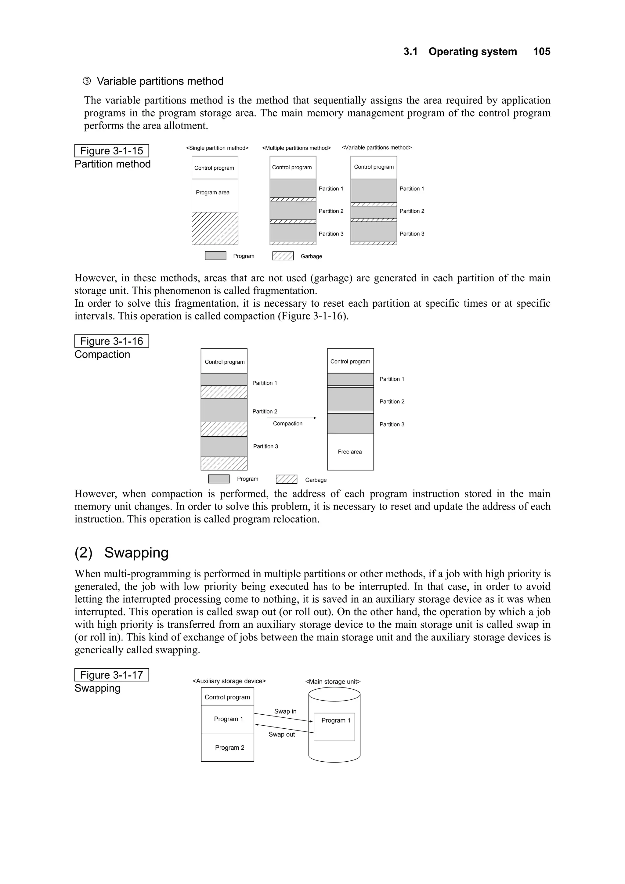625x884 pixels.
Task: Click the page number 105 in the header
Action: tap(541, 52)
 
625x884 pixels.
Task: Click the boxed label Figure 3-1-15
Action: tap(111, 150)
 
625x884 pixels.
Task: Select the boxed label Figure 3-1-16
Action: tap(111, 341)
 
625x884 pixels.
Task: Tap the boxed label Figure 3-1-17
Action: tap(111, 675)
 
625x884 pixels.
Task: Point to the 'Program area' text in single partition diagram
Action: tap(213, 193)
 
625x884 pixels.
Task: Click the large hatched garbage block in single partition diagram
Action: tap(215, 228)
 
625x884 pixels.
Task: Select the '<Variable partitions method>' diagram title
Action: tap(377, 147)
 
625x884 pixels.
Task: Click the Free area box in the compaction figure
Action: tap(350, 452)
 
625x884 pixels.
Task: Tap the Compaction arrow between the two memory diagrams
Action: tap(291, 418)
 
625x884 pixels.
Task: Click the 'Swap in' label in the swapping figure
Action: tap(285, 711)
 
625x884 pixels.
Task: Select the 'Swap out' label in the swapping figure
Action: tap(281, 734)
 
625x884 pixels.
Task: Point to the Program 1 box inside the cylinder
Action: tap(334, 727)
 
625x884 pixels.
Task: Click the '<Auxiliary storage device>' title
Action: tap(229, 681)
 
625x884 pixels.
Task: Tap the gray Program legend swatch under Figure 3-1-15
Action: tap(215, 256)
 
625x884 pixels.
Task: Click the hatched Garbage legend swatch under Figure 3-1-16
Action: tap(287, 479)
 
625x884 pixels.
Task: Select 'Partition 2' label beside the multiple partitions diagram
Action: tap(331, 211)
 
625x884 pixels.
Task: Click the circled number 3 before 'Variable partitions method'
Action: tap(87, 81)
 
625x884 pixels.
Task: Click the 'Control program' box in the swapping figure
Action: tap(227, 697)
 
